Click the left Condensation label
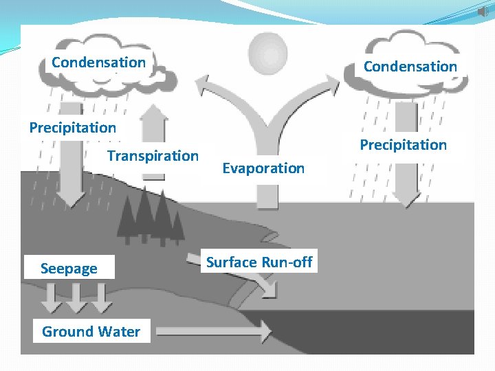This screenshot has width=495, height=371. point(98,63)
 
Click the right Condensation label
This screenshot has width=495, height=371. point(410,67)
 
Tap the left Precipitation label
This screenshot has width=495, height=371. point(72,128)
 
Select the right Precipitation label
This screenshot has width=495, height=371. point(404,145)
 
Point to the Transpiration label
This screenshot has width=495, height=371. point(153,156)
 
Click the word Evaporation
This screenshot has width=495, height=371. point(263,168)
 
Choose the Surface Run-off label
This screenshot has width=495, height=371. point(259,262)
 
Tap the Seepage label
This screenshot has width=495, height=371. point(69,269)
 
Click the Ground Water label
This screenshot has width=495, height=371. point(91,332)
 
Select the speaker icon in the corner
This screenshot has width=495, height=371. point(483,12)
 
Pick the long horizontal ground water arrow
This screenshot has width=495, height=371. point(213,332)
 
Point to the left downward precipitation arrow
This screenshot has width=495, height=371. point(70,172)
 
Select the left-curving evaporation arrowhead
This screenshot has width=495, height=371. point(203,86)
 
